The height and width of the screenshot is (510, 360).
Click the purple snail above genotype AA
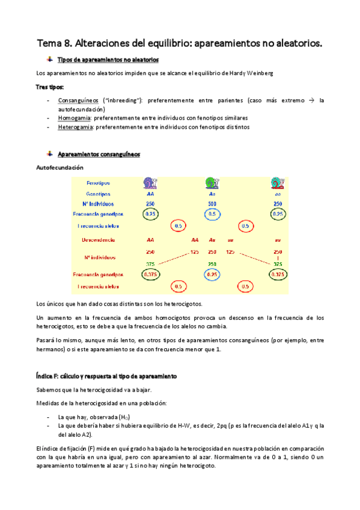pos(150,183)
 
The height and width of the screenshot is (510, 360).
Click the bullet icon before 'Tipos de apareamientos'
pos(50,59)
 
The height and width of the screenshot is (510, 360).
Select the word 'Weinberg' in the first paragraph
pos(260,73)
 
